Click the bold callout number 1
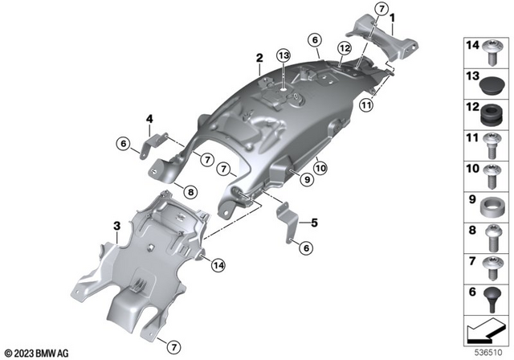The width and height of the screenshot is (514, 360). (x=392, y=17)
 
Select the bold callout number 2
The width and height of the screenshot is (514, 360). (x=259, y=58)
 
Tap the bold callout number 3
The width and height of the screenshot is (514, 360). (x=117, y=226)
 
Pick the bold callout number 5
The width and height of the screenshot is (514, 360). (x=314, y=223)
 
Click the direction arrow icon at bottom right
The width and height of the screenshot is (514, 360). (x=485, y=329)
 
